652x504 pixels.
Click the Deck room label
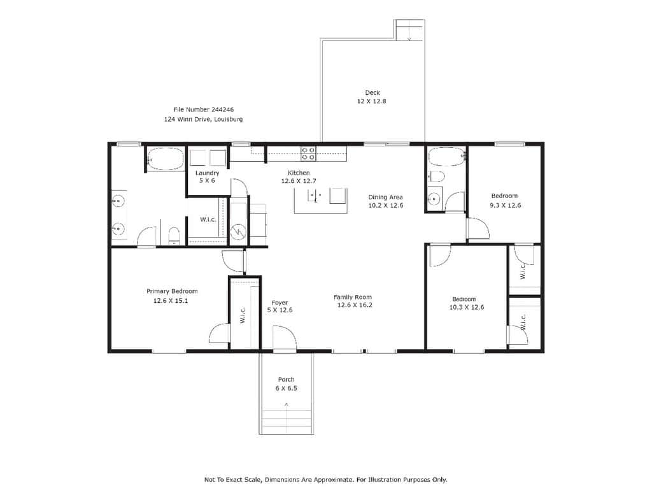[372, 93]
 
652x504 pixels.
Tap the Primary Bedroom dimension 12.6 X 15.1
[171, 301]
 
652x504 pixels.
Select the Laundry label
[207, 173]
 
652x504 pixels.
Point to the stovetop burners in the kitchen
[308, 154]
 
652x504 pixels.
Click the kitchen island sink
[315, 195]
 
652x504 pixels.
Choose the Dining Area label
[385, 197]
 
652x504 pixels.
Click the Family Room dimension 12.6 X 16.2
[355, 305]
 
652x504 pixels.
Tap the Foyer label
[280, 303]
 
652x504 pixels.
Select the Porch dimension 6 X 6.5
[286, 388]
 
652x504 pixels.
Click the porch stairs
[287, 422]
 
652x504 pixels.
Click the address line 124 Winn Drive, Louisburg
[203, 119]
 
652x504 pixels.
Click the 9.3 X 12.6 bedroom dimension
[505, 205]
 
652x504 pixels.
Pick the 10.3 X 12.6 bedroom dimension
[467, 307]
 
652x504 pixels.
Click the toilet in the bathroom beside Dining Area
[436, 176]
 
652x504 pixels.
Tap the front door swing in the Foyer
[284, 338]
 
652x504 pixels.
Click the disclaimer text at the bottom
[325, 479]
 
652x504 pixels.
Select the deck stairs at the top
[410, 30]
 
